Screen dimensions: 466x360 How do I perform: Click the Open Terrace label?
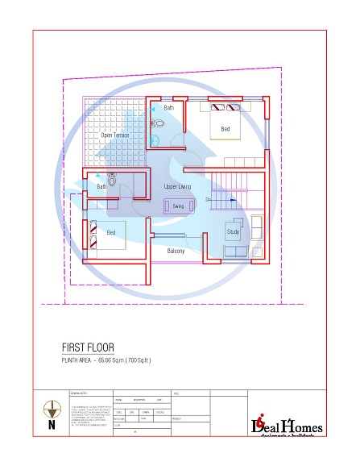point(115,135)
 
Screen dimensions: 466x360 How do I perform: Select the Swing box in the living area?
point(179,206)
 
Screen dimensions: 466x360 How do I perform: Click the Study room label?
point(233,232)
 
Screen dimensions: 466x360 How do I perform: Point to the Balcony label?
point(176,251)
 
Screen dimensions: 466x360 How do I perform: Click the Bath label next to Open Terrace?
point(169,107)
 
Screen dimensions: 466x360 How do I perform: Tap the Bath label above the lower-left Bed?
point(101,186)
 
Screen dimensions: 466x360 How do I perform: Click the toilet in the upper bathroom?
point(159,123)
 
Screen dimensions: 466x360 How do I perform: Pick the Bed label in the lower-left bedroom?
point(111,232)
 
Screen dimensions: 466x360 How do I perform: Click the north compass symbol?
point(52,408)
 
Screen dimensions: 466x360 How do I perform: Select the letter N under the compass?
point(52,425)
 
